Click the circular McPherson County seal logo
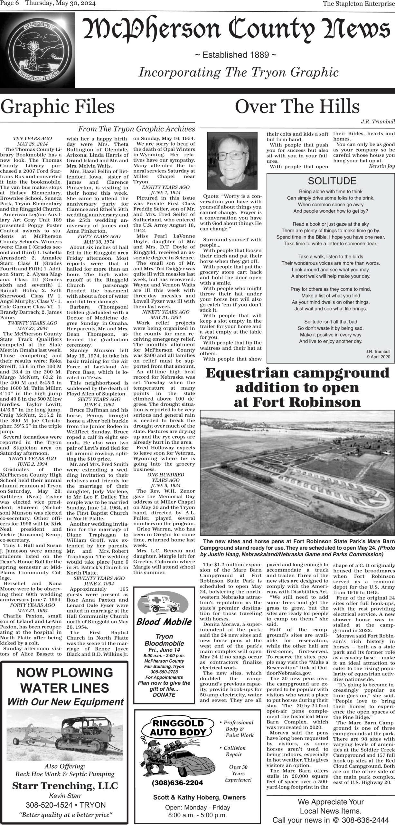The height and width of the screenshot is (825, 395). (37, 52)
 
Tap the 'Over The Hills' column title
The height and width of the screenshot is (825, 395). (297, 106)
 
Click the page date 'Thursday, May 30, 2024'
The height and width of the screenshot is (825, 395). (60, 4)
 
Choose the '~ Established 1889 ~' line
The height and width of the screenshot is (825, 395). (236, 55)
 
